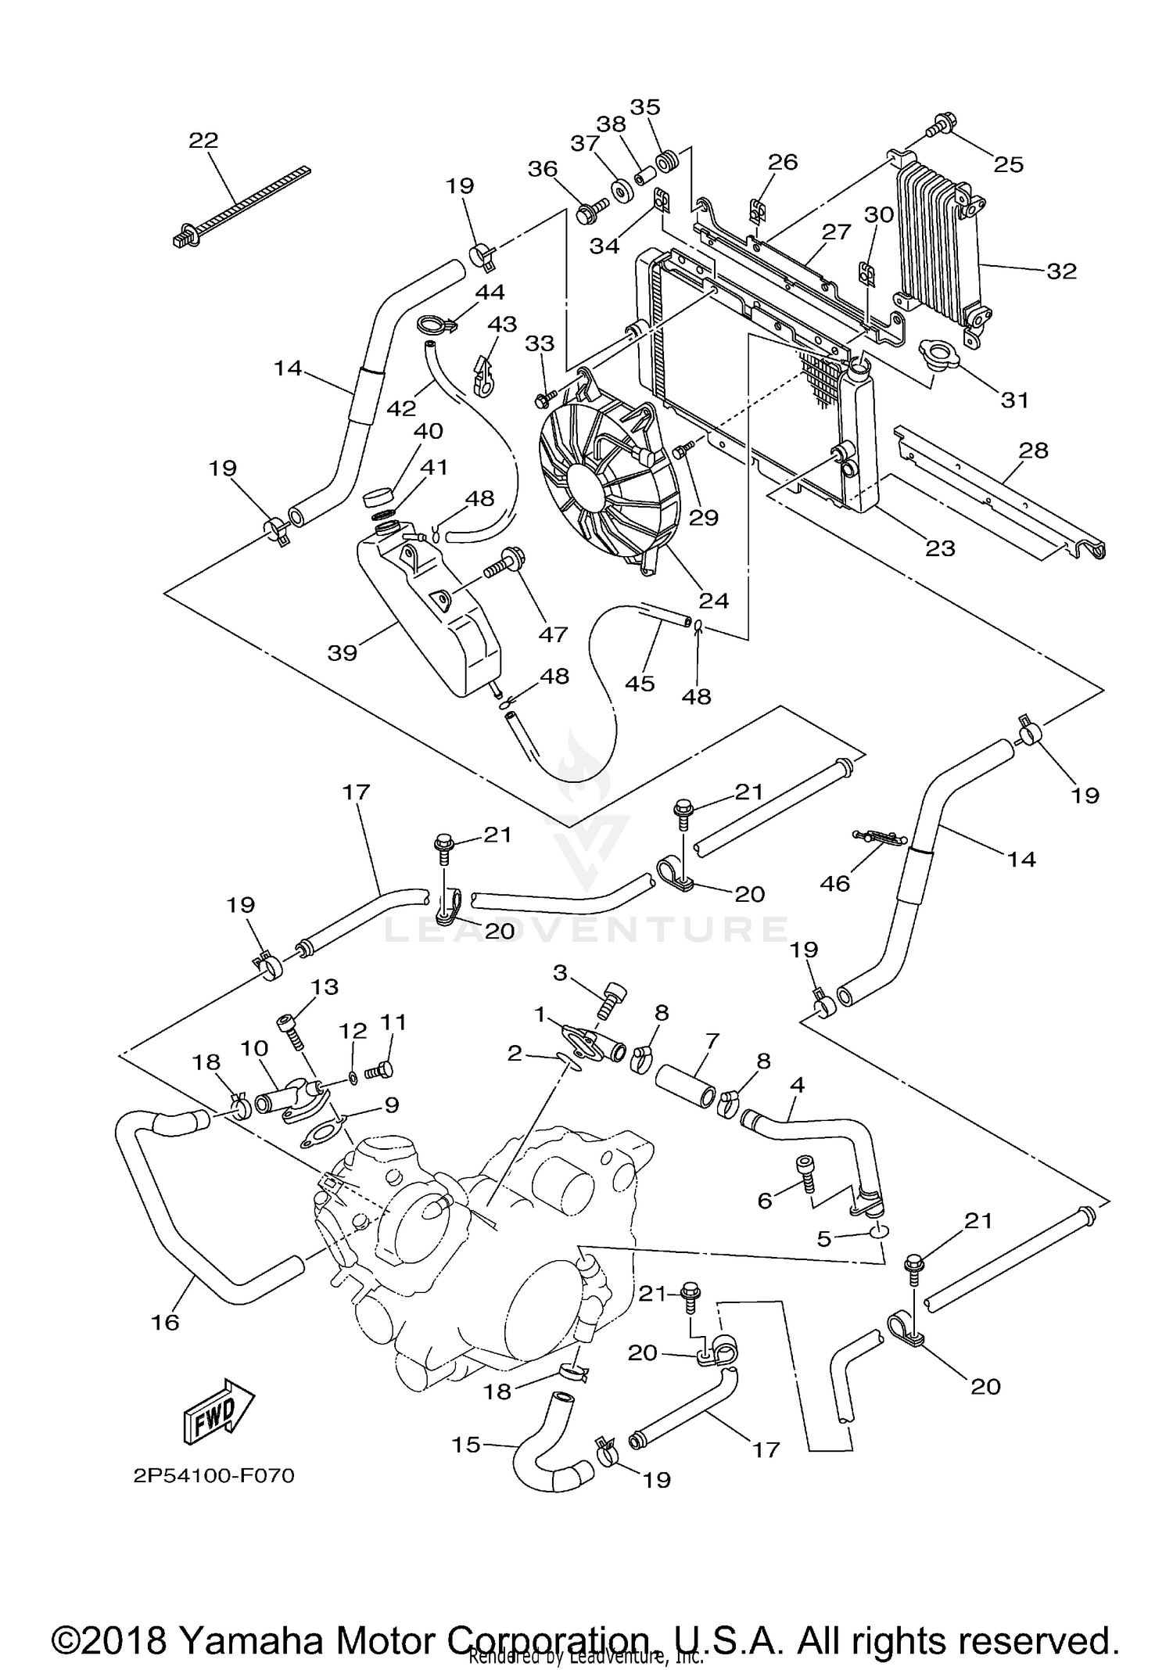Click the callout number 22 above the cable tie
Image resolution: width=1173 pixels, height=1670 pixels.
tap(203, 140)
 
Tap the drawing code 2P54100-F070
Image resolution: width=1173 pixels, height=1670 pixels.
tap(213, 1476)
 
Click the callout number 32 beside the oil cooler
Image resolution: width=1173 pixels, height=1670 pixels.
tap(1062, 271)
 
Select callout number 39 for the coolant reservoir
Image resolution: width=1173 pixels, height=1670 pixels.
tap(342, 652)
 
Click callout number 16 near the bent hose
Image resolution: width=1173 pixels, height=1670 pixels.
tap(166, 1322)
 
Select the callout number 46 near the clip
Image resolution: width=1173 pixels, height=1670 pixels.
tap(834, 883)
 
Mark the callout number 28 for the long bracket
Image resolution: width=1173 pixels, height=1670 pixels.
tap(1032, 451)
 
